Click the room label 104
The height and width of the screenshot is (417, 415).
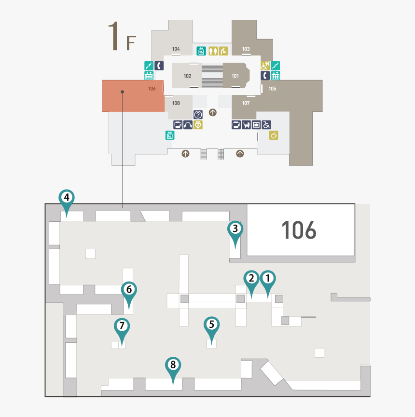(x=176, y=49)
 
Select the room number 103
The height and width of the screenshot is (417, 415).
(x=246, y=49)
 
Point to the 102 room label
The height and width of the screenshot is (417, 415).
(x=187, y=76)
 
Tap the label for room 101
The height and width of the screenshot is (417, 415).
(x=235, y=76)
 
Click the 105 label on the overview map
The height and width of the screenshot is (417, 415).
(x=272, y=89)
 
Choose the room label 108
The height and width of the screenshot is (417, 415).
(x=176, y=103)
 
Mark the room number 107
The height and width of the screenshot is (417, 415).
(x=246, y=103)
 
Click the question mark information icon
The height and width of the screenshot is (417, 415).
(x=198, y=115)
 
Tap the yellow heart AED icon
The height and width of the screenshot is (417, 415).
(x=198, y=125)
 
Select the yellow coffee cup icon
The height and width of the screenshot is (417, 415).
(x=274, y=135)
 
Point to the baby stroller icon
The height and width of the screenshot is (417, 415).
(x=246, y=125)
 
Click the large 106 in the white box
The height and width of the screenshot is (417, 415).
(x=299, y=230)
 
